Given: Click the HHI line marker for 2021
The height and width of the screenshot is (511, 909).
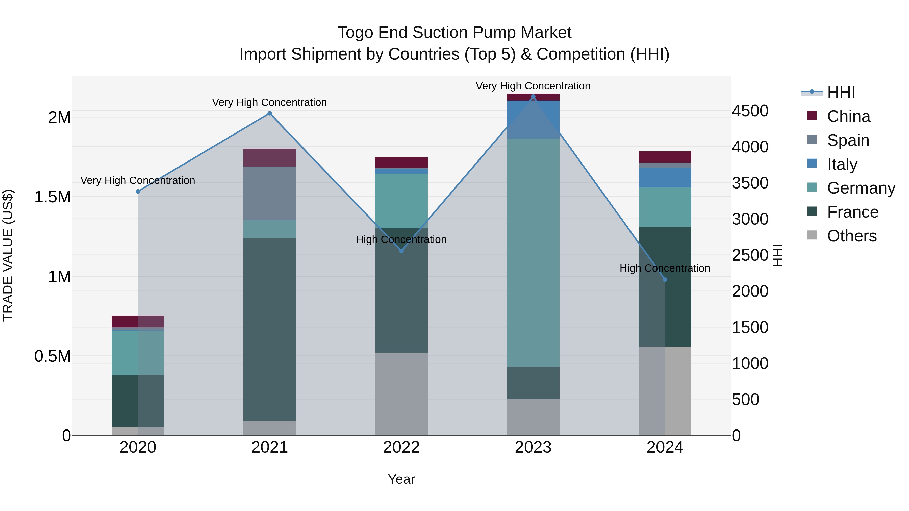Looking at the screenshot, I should [x=270, y=113].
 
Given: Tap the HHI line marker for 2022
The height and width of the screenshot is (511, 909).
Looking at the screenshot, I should [x=401, y=251].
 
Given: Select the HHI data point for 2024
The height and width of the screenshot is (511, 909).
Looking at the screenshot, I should [x=665, y=280].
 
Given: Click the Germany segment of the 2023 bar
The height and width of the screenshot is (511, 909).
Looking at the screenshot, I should [x=533, y=253].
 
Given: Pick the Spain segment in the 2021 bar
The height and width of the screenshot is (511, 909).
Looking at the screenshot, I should [x=270, y=193].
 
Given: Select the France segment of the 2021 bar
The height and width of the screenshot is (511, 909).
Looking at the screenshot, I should [x=270, y=329].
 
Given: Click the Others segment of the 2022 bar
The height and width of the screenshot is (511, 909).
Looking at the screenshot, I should [x=401, y=394].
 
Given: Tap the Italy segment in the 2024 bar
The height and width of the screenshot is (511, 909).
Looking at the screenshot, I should [x=665, y=177].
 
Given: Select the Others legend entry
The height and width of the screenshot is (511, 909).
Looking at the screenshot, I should [x=851, y=236].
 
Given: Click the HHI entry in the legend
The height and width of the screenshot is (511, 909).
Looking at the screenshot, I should [x=841, y=92].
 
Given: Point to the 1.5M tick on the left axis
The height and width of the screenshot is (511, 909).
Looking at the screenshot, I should [x=53, y=197].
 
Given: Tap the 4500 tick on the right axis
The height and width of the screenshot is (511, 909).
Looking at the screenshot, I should [x=750, y=111].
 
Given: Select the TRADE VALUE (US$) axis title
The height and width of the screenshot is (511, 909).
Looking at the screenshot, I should [x=8, y=255].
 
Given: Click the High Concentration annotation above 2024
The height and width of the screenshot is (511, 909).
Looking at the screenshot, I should [x=665, y=268].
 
